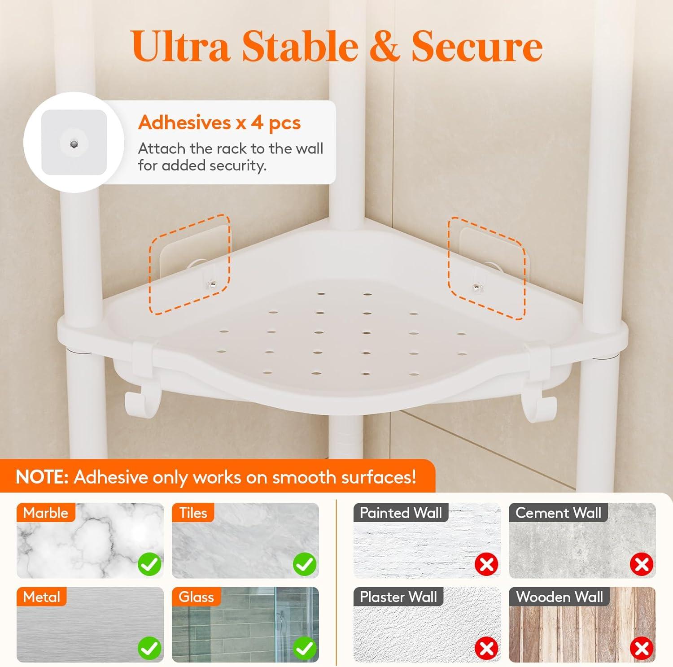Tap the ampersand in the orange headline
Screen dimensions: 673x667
click(x=385, y=47)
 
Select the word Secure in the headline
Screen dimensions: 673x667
click(x=477, y=47)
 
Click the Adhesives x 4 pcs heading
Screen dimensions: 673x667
click(x=219, y=122)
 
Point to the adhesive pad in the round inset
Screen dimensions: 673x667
click(x=74, y=143)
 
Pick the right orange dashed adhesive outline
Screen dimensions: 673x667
click(x=487, y=268)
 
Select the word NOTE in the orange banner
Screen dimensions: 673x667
click(x=42, y=477)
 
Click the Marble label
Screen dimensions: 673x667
click(x=46, y=513)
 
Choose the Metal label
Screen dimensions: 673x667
click(x=42, y=597)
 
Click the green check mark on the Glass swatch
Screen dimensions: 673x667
click(x=305, y=648)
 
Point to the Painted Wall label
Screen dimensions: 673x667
click(x=401, y=513)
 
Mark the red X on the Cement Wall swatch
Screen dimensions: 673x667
click(x=642, y=564)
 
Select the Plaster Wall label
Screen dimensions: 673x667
click(x=398, y=597)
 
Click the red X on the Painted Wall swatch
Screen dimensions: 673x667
click(x=487, y=564)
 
